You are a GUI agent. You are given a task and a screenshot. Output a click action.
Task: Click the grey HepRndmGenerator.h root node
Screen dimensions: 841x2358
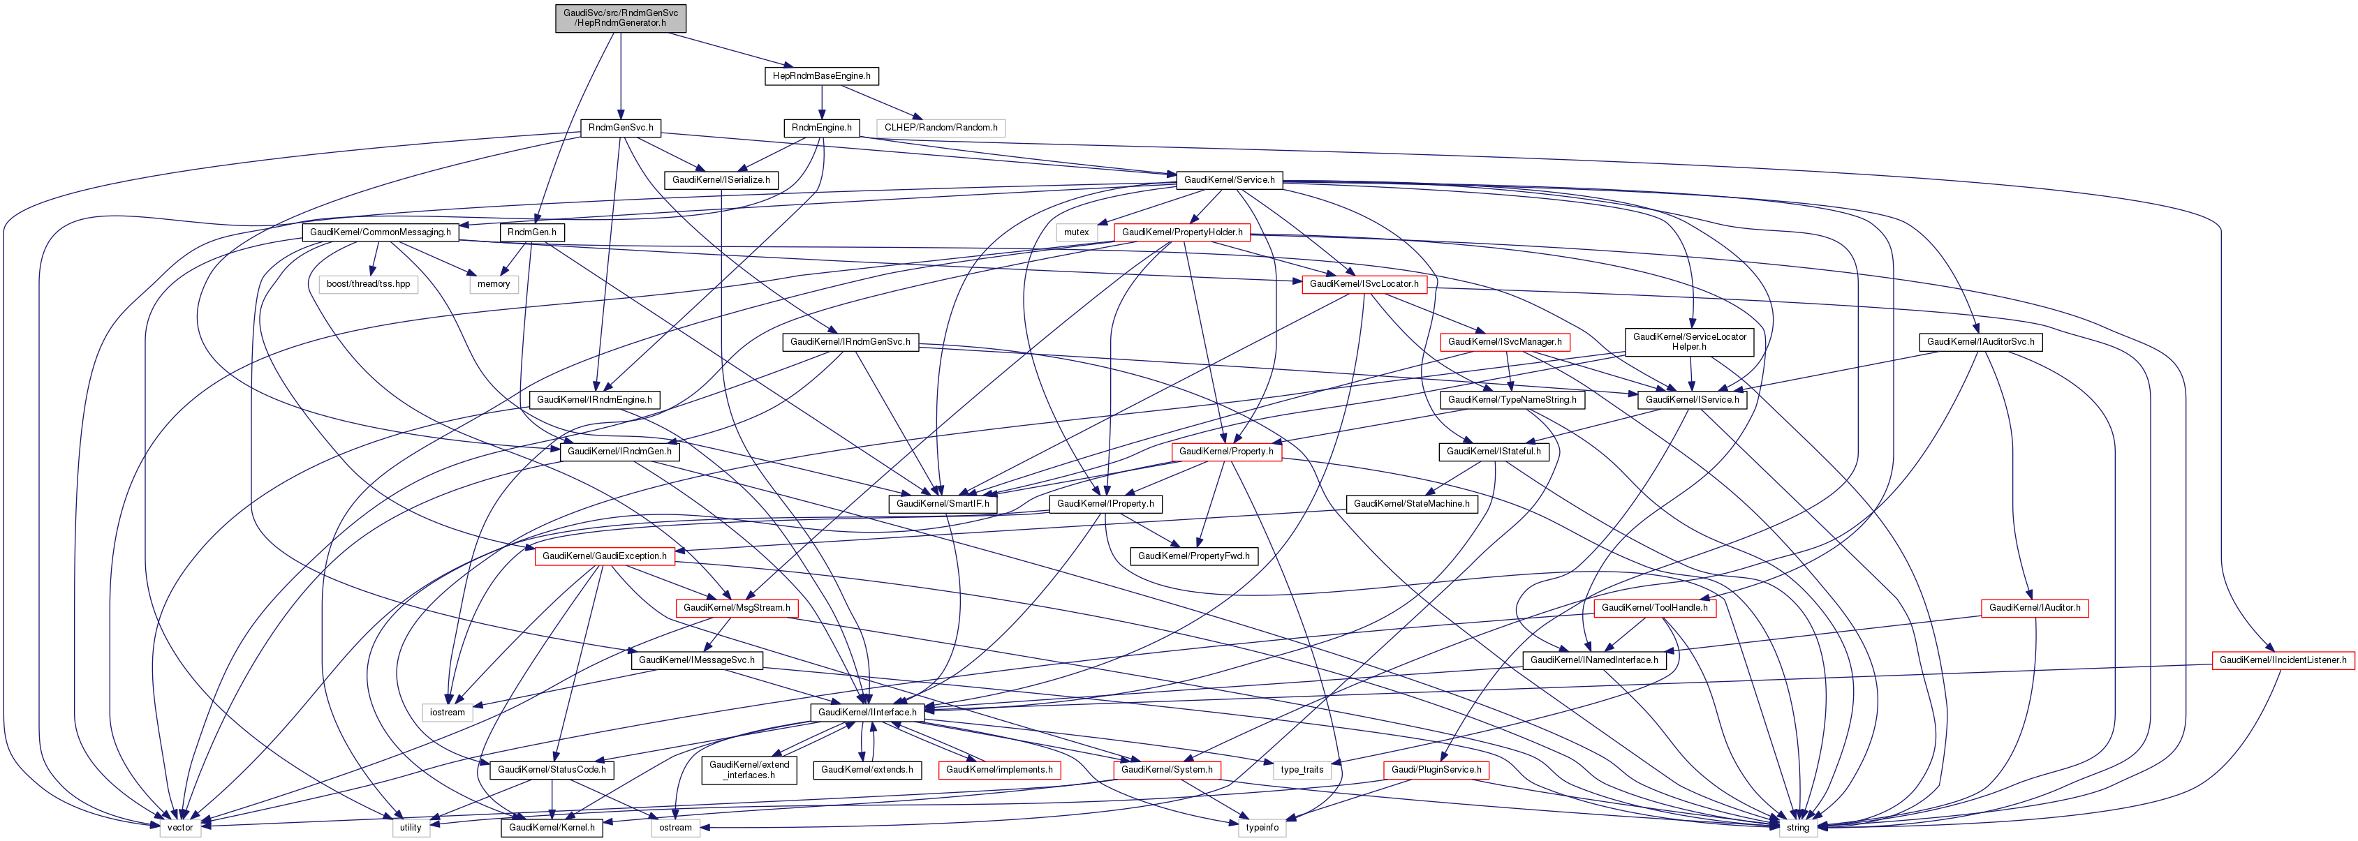(620, 18)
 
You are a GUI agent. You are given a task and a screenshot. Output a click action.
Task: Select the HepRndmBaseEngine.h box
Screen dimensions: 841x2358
(821, 76)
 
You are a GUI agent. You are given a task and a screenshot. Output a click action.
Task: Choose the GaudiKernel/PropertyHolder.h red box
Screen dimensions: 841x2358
(1181, 232)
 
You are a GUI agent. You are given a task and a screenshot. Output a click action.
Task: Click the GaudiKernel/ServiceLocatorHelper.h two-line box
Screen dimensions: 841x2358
(1689, 342)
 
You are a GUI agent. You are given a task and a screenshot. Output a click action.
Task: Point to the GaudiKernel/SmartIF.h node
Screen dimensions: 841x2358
(942, 504)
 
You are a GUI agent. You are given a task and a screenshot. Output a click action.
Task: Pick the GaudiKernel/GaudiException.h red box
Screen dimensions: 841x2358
(604, 556)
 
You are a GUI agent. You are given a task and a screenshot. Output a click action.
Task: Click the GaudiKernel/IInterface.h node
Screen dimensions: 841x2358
(866, 712)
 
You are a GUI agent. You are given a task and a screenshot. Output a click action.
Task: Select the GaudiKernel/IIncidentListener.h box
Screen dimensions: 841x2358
(2282, 660)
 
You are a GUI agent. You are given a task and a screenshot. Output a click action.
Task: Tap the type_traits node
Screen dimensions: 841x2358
(1301, 770)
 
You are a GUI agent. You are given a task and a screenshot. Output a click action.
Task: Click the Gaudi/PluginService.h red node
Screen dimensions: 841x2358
(1436, 770)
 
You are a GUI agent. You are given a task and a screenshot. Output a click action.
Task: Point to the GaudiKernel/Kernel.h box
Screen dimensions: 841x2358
(551, 827)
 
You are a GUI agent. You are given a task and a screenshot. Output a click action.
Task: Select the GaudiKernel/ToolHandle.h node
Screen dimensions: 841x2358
(1653, 608)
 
